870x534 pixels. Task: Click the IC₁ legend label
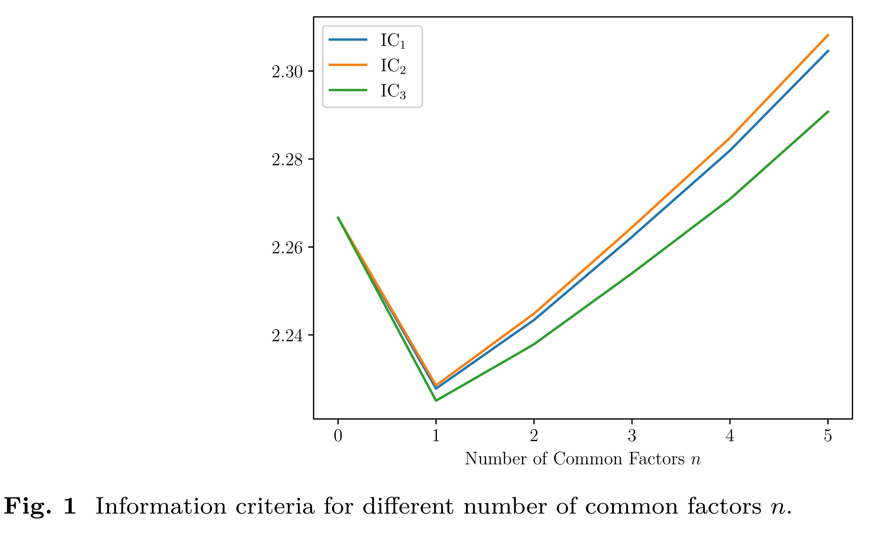[x=393, y=41]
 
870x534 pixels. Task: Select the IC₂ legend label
[x=393, y=66]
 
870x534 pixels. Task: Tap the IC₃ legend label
[x=393, y=92]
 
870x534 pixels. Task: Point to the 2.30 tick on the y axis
[x=287, y=72]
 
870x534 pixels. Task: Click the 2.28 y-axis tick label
[x=287, y=160]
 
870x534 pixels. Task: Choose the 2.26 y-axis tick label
[x=287, y=248]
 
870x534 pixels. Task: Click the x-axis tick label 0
[x=338, y=436]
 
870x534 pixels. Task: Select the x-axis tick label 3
[x=632, y=436]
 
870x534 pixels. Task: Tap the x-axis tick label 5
[x=828, y=436]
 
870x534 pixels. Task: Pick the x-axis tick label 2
[x=534, y=436]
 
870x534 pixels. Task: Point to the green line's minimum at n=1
[x=436, y=400]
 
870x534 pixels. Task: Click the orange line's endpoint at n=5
[x=828, y=35]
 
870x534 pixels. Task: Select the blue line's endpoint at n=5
[x=828, y=51]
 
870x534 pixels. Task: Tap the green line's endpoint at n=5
[x=828, y=111]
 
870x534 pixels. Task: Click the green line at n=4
[x=730, y=199]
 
